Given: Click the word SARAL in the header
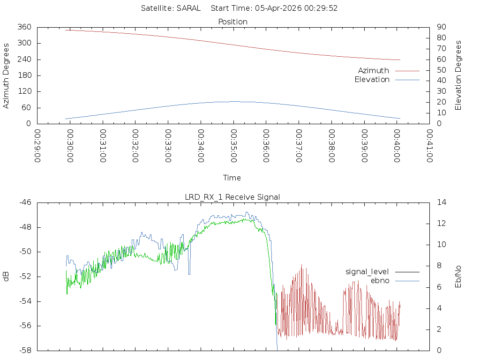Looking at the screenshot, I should click(x=188, y=8).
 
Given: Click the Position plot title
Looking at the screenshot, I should click(x=232, y=22).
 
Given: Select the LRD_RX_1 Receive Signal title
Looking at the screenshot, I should click(x=232, y=197).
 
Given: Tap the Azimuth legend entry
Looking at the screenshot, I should click(x=374, y=70).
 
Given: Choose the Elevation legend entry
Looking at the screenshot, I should click(x=372, y=80).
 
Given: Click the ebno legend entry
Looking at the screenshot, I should click(x=380, y=280).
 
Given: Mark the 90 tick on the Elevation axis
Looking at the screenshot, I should click(x=441, y=27).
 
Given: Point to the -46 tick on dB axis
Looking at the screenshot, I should click(x=25, y=202).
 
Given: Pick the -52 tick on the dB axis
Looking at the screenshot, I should click(x=25, y=277).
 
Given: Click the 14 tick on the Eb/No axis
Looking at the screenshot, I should click(x=442, y=202).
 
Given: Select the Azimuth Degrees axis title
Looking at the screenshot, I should click(x=7, y=75).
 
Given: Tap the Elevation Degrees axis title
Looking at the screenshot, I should click(x=458, y=75).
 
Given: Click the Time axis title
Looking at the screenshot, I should click(x=232, y=178).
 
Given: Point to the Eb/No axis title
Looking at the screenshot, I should click(x=458, y=277).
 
